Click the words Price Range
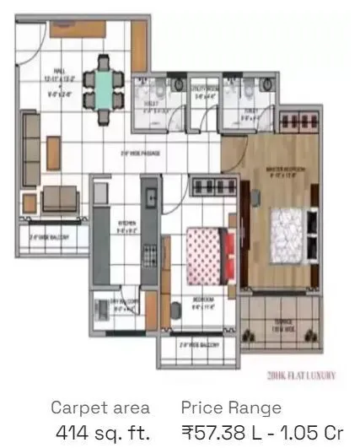point(230,408)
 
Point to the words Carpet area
point(100,408)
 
